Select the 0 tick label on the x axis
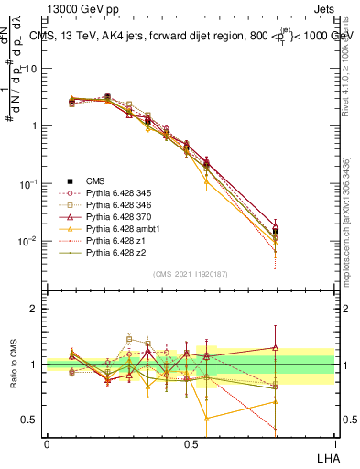tap(47, 442)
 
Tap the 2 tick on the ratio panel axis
tap(37, 309)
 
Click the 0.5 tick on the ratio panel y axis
tap(32, 420)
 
